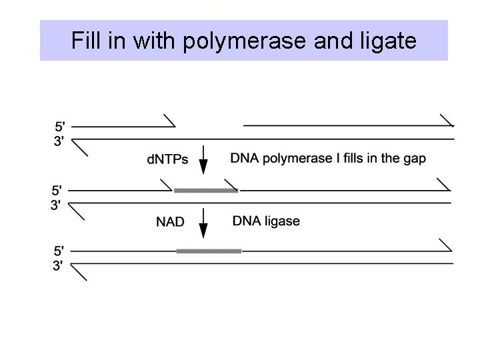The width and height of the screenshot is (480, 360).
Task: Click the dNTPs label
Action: click(167, 160)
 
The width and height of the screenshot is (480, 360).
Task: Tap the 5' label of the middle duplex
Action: click(60, 190)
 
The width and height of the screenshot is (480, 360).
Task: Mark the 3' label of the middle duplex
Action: click(60, 204)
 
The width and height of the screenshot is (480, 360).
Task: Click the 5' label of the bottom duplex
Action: click(60, 251)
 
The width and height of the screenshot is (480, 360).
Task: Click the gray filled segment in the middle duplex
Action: click(206, 191)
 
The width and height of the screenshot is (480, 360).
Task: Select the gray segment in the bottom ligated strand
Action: click(209, 251)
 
